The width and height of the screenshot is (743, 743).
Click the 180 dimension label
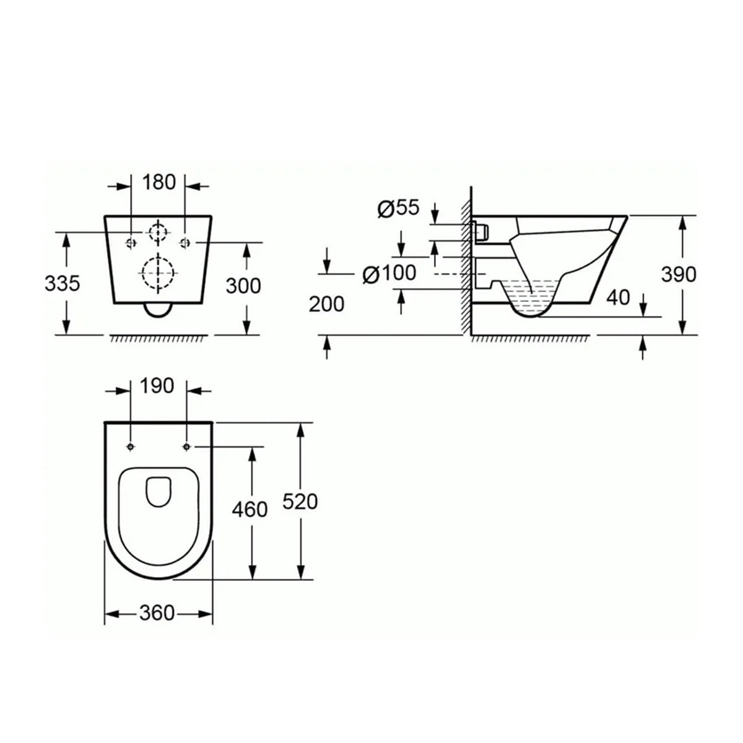[159, 182]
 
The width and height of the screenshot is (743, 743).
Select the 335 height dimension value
[62, 284]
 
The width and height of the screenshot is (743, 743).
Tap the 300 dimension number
[243, 285]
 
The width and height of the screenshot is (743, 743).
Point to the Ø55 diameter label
[398, 209]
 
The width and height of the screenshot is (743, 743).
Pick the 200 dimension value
[326, 304]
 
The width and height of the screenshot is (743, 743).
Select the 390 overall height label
[679, 274]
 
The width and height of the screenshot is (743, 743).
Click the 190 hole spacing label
[157, 386]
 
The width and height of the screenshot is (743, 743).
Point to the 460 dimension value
[249, 510]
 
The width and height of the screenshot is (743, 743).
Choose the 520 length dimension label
[300, 502]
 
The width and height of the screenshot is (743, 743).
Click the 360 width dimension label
[156, 613]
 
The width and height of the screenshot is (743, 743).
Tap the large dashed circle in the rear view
[159, 271]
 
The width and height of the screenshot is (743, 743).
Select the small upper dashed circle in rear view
[159, 232]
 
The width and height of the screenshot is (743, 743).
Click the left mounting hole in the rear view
[131, 241]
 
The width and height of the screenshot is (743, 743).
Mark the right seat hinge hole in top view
[186, 446]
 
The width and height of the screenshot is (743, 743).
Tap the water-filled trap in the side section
[531, 295]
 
